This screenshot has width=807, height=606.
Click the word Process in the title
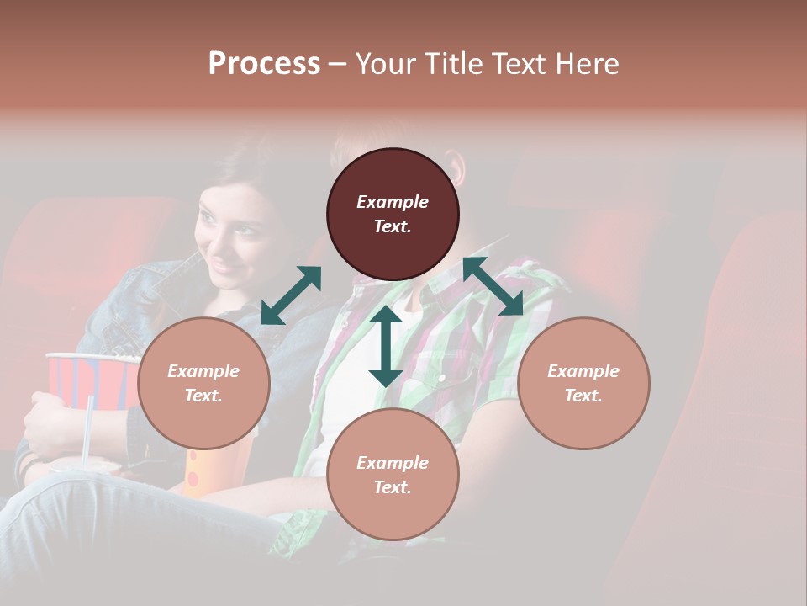tap(264, 63)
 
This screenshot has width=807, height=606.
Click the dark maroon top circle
tap(393, 214)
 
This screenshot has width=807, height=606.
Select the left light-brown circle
tap(203, 383)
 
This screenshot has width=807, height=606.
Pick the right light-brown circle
tap(583, 383)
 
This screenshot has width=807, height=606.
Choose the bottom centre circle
tap(393, 474)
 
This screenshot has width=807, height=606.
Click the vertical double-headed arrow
tap(386, 346)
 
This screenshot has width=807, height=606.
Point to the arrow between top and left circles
tap(291, 295)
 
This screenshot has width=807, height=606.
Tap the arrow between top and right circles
tap(493, 286)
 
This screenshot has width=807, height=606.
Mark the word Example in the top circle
tap(393, 202)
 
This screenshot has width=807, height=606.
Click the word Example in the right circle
tap(583, 371)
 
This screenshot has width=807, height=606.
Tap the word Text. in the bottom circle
tap(393, 487)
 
